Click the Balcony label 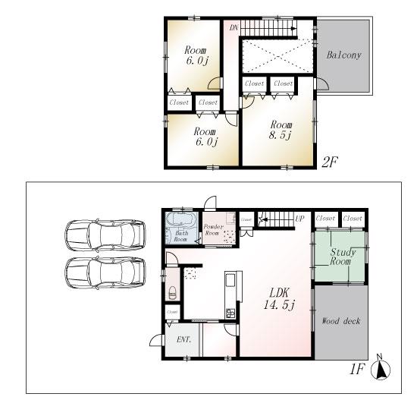343,55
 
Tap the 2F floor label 329,161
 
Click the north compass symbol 383,370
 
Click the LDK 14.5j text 274,298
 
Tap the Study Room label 340,257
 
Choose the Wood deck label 341,321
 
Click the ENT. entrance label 183,340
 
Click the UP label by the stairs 299,219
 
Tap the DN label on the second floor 233,27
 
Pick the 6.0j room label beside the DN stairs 193,57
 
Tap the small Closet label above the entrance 173,312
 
